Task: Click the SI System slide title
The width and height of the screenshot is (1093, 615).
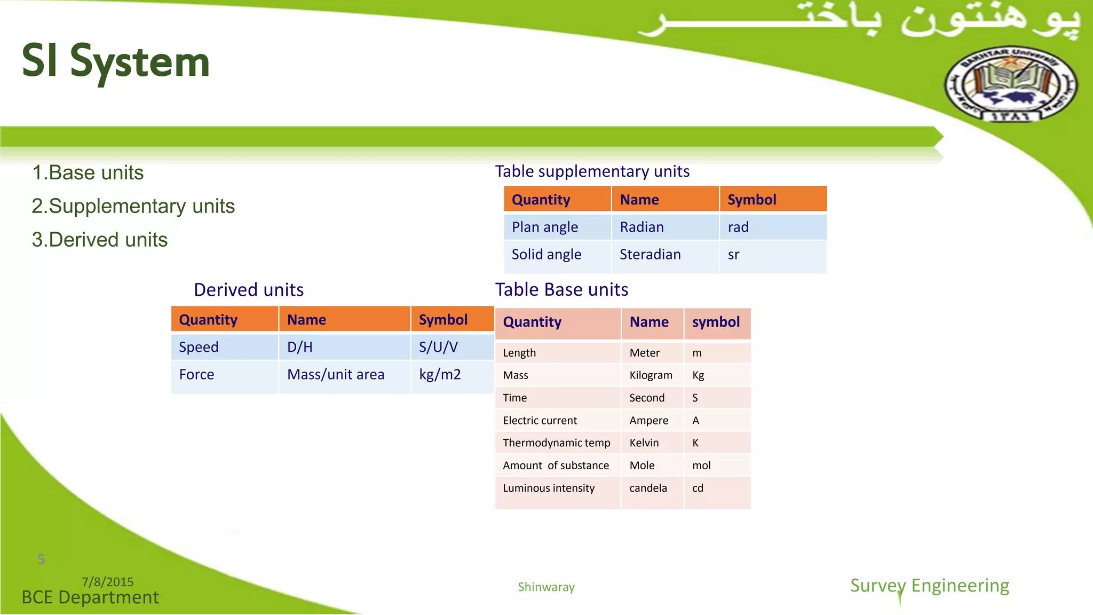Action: click(115, 62)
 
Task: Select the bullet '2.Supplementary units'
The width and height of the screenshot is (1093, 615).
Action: click(133, 206)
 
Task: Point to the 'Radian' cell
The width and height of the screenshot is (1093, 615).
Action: click(641, 227)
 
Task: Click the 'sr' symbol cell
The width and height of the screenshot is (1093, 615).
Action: click(733, 255)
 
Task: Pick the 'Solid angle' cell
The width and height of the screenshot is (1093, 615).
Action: click(546, 255)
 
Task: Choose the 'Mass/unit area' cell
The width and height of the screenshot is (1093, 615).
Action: click(335, 375)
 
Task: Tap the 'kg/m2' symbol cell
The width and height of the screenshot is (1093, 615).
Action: click(440, 375)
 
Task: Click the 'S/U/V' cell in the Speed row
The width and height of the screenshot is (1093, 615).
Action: click(438, 348)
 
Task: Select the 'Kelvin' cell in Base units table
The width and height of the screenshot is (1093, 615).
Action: click(644, 443)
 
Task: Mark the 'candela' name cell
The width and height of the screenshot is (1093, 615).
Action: click(648, 488)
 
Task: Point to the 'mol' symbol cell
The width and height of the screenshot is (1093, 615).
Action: click(701, 466)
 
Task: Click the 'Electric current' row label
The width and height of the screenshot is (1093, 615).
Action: click(540, 421)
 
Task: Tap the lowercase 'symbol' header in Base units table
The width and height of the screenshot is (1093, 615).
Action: click(716, 322)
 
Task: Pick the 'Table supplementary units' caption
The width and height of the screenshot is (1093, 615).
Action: click(592, 171)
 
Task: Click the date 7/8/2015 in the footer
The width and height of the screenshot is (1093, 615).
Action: click(107, 582)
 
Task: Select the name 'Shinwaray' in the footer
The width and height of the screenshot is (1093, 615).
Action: click(546, 587)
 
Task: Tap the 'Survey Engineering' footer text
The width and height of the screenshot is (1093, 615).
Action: click(929, 586)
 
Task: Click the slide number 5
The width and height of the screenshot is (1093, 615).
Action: click(41, 559)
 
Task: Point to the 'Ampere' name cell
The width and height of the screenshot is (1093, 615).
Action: click(648, 421)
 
